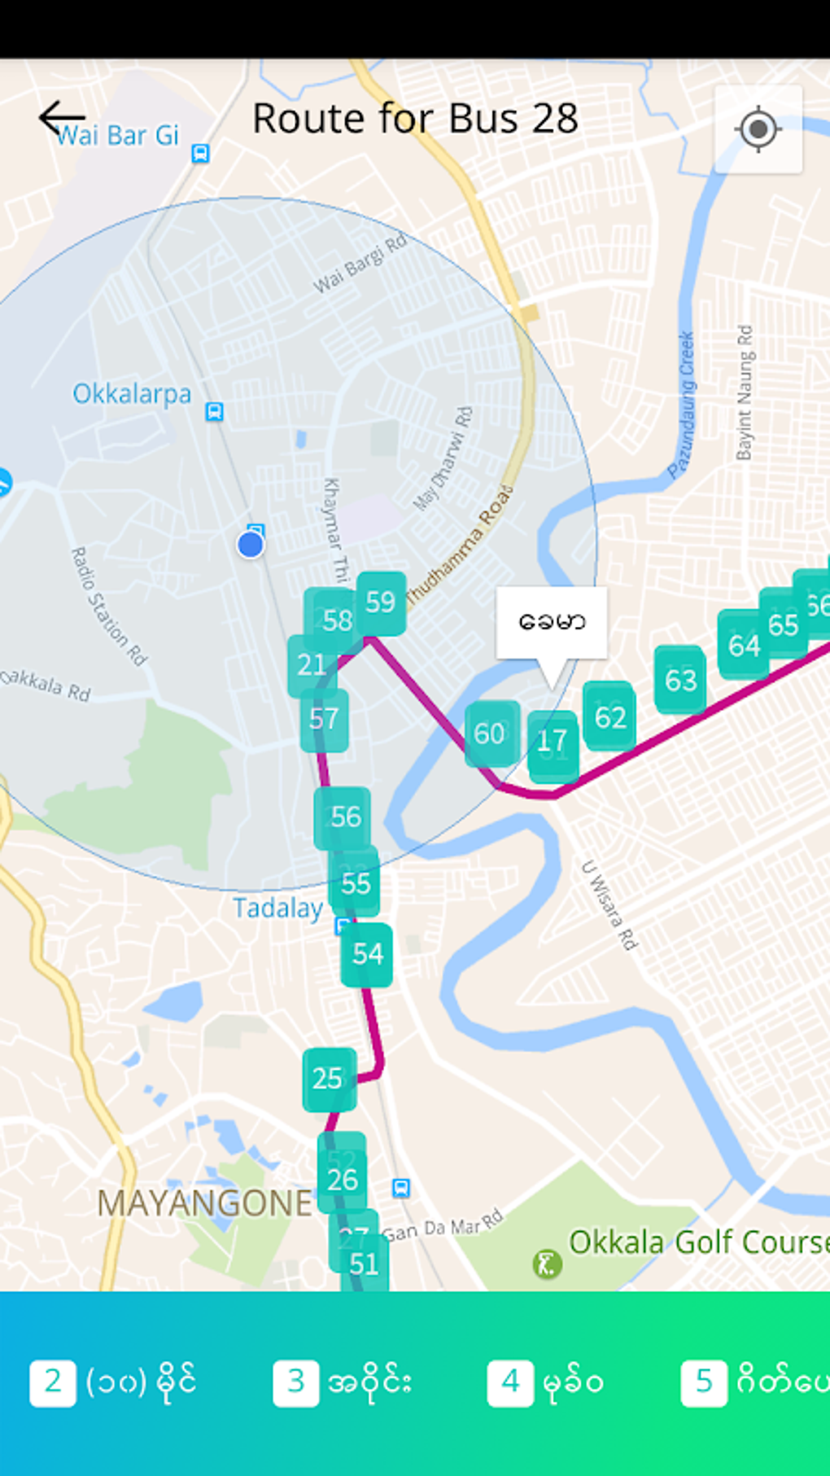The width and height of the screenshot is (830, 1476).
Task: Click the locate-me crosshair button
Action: (758, 129)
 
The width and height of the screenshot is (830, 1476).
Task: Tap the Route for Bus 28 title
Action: (415, 119)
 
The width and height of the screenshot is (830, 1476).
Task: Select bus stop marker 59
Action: (381, 602)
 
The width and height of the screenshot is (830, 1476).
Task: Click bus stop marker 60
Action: (491, 734)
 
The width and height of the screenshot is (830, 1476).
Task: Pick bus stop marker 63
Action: (680, 680)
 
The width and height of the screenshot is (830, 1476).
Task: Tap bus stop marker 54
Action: (367, 954)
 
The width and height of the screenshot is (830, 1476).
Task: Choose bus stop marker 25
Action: (328, 1079)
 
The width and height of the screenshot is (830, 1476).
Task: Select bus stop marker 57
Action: (324, 720)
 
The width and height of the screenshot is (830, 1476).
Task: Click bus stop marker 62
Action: (610, 716)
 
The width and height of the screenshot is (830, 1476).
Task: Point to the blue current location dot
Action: (251, 545)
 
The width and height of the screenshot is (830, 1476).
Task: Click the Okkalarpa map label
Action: (132, 394)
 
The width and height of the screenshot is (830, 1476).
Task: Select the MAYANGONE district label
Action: (204, 1203)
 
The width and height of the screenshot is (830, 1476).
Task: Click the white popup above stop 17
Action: (552, 622)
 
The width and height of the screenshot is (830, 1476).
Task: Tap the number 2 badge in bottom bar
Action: (53, 1382)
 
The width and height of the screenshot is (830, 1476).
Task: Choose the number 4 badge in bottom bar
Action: (510, 1382)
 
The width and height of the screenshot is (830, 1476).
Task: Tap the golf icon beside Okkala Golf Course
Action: (547, 1264)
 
